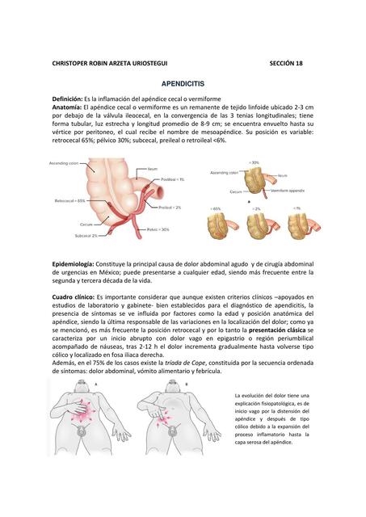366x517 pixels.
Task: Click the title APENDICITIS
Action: [183, 83]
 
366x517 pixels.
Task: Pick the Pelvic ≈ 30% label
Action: [158, 229]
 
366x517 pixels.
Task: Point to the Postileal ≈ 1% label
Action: [172, 179]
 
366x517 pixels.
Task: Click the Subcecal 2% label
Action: [86, 236]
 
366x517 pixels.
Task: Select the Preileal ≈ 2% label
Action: [169, 208]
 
